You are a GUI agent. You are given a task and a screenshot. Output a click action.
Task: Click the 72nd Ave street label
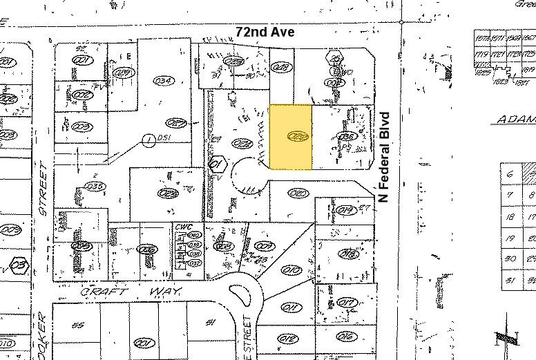pyautogui.click(x=265, y=32)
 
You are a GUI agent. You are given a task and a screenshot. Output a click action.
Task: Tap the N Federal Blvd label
pyautogui.click(x=385, y=157)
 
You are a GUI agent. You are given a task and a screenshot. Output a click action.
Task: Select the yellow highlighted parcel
pyautogui.click(x=290, y=137)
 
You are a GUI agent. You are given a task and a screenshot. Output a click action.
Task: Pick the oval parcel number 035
pyautogui.click(x=94, y=186)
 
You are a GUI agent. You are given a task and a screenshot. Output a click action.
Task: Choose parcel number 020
pyautogui.click(x=298, y=193)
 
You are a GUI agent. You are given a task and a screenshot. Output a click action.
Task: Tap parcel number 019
pyautogui.click(x=347, y=210)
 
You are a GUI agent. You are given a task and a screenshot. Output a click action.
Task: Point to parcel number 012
pyautogui.click(x=289, y=337)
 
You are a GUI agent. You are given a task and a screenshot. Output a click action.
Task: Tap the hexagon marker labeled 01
pyautogui.click(x=217, y=164)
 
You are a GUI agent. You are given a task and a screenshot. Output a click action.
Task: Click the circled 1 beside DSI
pyautogui.click(x=147, y=140)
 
